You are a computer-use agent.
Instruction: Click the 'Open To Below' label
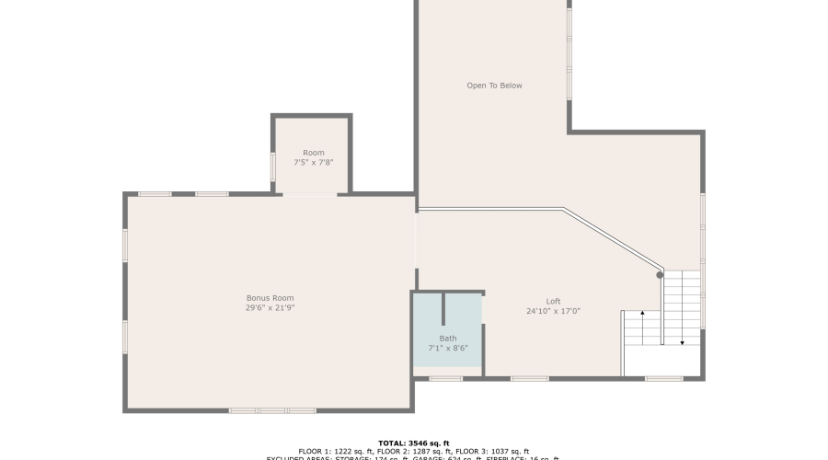pyautogui.click(x=494, y=86)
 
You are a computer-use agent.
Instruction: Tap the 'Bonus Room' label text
pyautogui.click(x=270, y=298)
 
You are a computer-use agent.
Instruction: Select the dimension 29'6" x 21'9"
pyautogui.click(x=270, y=308)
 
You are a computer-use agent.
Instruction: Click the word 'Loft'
pyautogui.click(x=553, y=301)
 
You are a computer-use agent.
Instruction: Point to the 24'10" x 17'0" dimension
pyautogui.click(x=553, y=311)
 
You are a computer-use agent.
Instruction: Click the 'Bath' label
pyautogui.click(x=448, y=339)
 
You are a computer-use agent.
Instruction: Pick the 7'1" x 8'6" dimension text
pyautogui.click(x=448, y=349)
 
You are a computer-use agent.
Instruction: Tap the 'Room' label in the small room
pyautogui.click(x=314, y=153)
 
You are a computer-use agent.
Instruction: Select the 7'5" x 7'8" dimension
pyautogui.click(x=314, y=163)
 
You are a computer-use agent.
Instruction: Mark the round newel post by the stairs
pyautogui.click(x=660, y=274)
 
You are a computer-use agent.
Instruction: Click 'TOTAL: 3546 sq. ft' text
pyautogui.click(x=413, y=443)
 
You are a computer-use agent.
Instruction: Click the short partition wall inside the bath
pyautogui.click(x=444, y=311)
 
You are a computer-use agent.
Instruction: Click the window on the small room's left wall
pyautogui.click(x=273, y=167)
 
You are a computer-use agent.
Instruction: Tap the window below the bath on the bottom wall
pyautogui.click(x=446, y=378)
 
